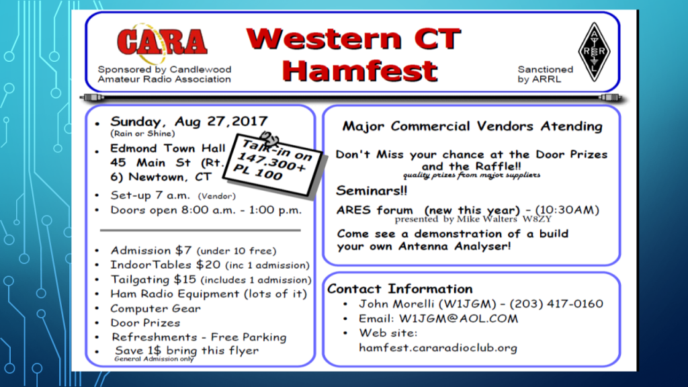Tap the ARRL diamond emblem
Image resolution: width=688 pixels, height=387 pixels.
coord(594,52)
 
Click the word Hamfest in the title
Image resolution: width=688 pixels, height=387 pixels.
coord(360,71)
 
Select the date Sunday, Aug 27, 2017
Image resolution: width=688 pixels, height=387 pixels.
coord(189,121)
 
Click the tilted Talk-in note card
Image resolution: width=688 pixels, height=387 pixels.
coord(274,163)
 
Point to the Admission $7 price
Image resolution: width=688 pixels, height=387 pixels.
coord(151,251)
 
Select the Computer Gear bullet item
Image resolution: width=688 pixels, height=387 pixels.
coord(155,308)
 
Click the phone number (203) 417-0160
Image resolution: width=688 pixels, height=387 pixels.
coord(556,304)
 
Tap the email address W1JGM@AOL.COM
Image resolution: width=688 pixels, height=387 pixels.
coord(458,318)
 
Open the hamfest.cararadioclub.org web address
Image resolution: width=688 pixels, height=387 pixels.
coord(438,348)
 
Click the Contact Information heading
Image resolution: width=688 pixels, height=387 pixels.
coord(400,289)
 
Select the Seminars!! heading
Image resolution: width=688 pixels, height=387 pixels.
coord(372,191)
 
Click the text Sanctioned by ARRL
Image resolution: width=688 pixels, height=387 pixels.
coord(545,74)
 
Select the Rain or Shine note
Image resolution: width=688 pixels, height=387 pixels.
coord(142,134)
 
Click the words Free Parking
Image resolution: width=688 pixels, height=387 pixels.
coord(249,337)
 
